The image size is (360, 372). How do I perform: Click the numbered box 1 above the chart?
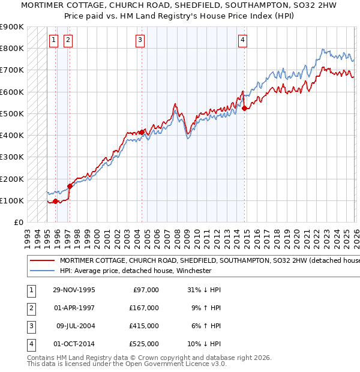[x=53, y=40]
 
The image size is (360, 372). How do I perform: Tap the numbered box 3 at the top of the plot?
[x=140, y=40]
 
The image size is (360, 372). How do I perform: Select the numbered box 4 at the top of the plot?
[x=242, y=40]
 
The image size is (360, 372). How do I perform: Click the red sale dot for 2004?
[x=142, y=132]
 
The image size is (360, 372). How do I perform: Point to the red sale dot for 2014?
[x=244, y=108]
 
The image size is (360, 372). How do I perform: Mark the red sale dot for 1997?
[x=70, y=186]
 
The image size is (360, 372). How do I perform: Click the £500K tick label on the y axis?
[x=11, y=113]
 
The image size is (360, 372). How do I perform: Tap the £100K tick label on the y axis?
[x=11, y=200]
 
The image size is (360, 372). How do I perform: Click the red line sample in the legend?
[x=43, y=261]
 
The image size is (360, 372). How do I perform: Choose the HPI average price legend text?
[x=136, y=271]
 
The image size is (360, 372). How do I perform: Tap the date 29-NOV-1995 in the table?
[x=73, y=290]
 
